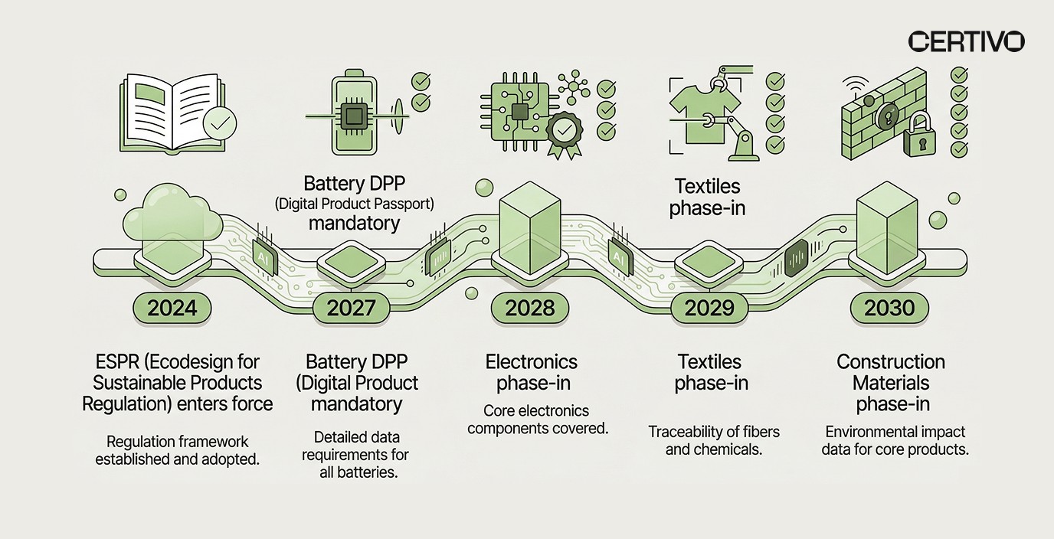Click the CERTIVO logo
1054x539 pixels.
point(965,41)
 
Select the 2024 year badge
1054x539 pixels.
point(172,309)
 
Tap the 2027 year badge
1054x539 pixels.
point(351,309)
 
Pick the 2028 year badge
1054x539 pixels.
point(530,309)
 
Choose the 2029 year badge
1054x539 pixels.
point(709,309)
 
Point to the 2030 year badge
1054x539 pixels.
point(889,309)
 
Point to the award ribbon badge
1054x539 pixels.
point(564,135)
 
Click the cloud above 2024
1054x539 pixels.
point(172,214)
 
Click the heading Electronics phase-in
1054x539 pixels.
point(532,372)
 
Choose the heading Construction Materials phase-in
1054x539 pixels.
point(891,383)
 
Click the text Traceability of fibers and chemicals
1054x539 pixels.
point(714,440)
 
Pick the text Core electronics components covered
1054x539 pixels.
point(538,420)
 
